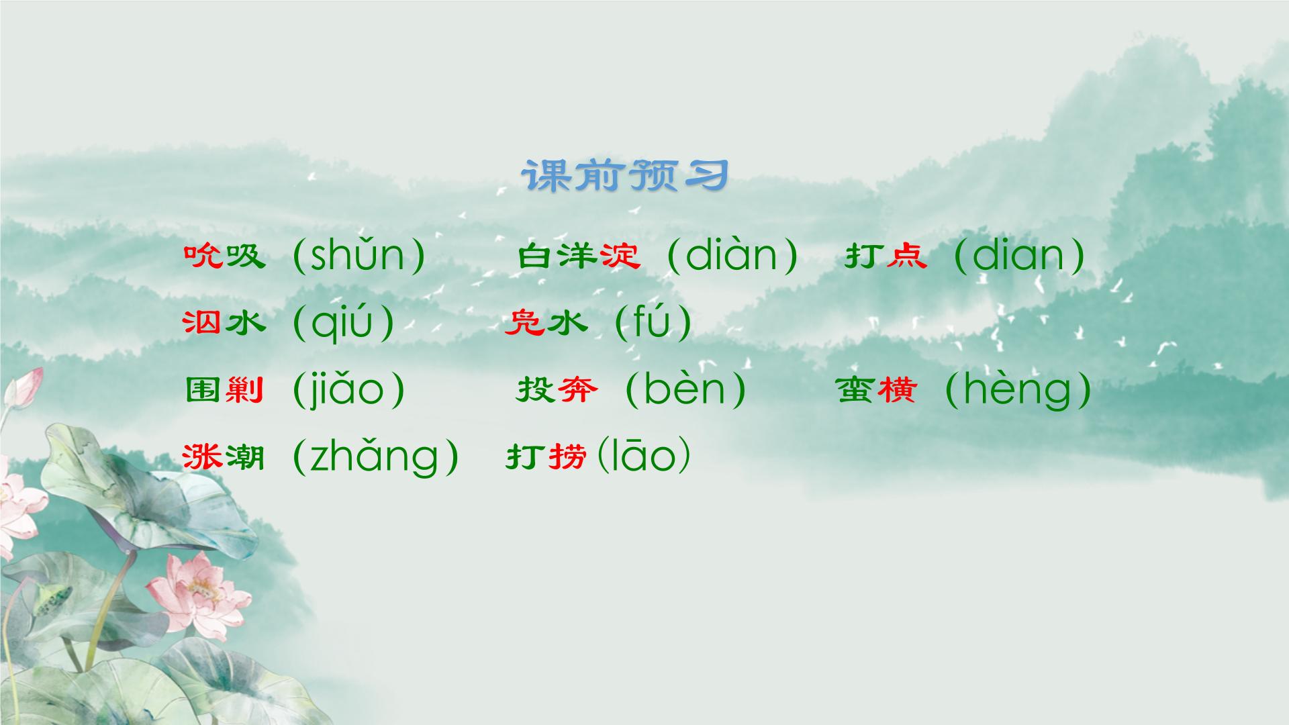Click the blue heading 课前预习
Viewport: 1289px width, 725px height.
click(624, 176)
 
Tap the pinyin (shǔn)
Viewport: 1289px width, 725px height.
click(359, 255)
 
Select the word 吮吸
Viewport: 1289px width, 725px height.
click(224, 256)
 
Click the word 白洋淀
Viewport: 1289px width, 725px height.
click(579, 256)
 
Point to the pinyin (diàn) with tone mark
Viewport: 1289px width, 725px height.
click(732, 255)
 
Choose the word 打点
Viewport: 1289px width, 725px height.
click(886, 256)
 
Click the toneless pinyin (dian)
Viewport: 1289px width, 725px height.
click(1018, 255)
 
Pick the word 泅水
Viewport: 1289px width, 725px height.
click(224, 324)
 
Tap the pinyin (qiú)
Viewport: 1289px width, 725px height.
click(343, 324)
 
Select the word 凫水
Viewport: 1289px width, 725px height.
click(546, 324)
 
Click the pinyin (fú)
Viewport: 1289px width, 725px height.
click(653, 322)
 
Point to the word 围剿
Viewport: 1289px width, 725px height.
click(224, 389)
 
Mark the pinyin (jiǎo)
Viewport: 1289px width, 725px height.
click(349, 391)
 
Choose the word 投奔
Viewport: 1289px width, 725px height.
click(557, 389)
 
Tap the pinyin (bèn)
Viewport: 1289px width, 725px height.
click(685, 389)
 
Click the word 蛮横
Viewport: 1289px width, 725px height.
click(877, 389)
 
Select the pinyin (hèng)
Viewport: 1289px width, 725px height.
click(1018, 391)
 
